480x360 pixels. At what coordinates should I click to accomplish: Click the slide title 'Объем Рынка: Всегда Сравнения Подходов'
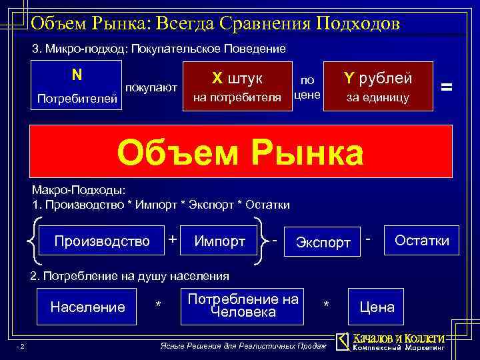[x=215, y=24]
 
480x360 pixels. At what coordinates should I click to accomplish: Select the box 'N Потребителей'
[x=77, y=85]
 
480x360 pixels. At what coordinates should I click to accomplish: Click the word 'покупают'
[x=151, y=87]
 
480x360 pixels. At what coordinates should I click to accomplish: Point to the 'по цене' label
[x=307, y=87]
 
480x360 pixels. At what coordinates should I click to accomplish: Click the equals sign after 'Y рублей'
[x=447, y=86]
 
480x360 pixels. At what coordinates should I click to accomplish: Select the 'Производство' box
[x=102, y=241]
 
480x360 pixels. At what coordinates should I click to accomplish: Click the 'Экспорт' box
[x=323, y=242]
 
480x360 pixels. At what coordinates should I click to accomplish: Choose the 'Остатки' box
[x=422, y=240]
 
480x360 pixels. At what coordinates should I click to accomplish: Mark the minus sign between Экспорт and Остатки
[x=369, y=237]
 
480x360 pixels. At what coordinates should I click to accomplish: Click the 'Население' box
[x=88, y=307]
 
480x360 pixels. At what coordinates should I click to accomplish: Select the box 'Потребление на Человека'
[x=243, y=305]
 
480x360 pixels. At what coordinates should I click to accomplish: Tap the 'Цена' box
[x=377, y=307]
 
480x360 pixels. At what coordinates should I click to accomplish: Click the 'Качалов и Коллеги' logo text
[x=397, y=338]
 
